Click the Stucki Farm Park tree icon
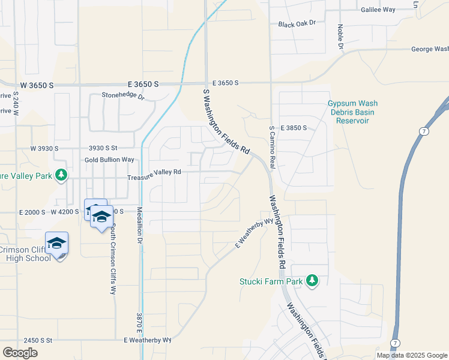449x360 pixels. pos(312,280)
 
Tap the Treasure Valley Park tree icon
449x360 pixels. pos(61,175)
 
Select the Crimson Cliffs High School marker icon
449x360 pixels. pos(56,244)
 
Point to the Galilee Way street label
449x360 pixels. pos(378,10)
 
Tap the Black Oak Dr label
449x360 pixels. pos(297,24)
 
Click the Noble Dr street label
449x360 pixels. pos(340,37)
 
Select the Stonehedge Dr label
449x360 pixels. pos(123,95)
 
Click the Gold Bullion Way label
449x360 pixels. pos(109,160)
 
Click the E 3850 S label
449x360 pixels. pos(292,128)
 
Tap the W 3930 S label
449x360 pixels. pos(44,148)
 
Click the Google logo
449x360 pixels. pos(20,352)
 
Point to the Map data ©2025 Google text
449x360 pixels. pos(411,355)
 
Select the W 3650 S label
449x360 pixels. pos(37,86)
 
